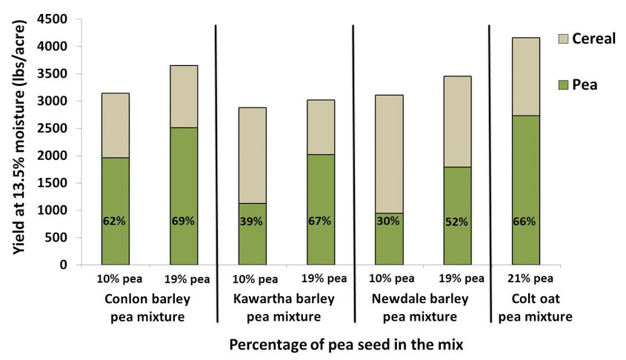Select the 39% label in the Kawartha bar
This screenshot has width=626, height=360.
pos(252,221)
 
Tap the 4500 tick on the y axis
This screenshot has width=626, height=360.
pos(56,19)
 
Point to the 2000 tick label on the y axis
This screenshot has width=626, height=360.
pos(56,156)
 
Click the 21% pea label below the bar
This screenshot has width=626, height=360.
pos(527,279)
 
